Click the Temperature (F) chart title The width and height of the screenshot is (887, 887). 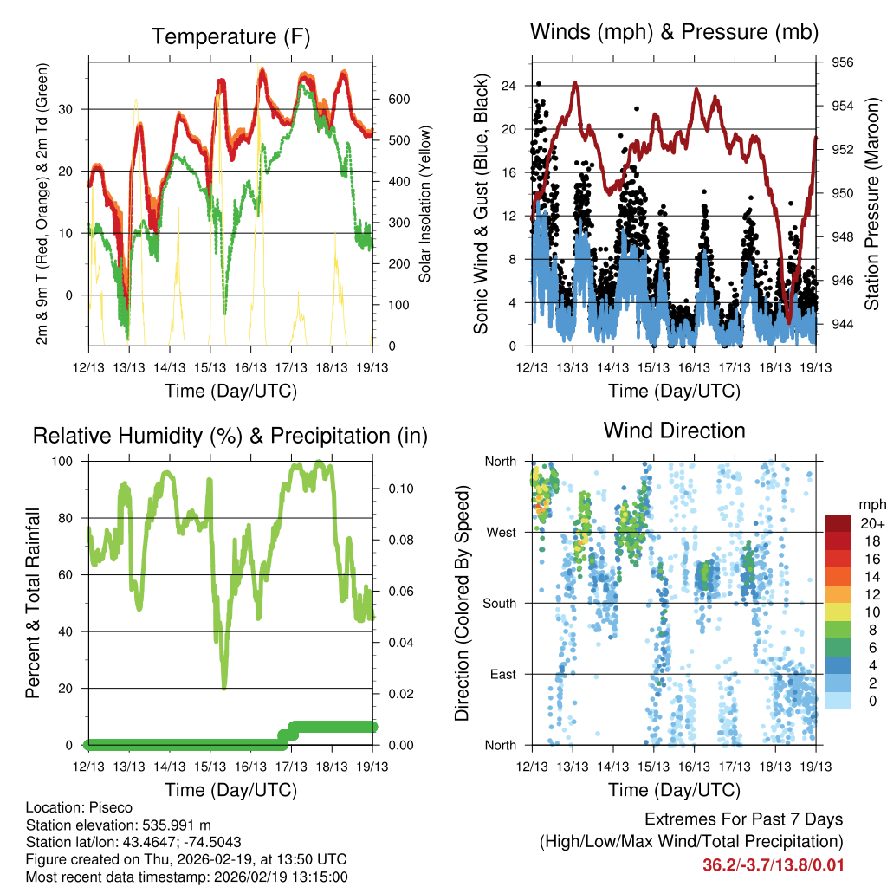pyautogui.click(x=230, y=36)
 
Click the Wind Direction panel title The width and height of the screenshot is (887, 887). pyautogui.click(x=674, y=430)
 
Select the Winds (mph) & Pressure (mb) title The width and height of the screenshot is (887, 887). pyautogui.click(x=674, y=33)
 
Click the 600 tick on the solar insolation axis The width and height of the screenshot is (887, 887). pyautogui.click(x=398, y=99)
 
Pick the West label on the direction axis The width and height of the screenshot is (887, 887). pyautogui.click(x=500, y=532)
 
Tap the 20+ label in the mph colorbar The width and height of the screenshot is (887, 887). pyautogui.click(x=870, y=523)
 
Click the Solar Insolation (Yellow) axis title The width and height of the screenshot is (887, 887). pyautogui.click(x=425, y=204)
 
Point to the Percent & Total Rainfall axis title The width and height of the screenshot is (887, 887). pyautogui.click(x=34, y=603)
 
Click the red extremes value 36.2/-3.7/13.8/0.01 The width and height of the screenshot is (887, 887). pyautogui.click(x=773, y=864)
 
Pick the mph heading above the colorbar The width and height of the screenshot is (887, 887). pyautogui.click(x=871, y=504)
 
